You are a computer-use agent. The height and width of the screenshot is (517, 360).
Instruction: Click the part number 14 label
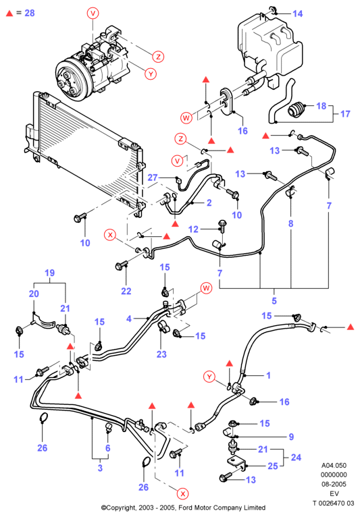(x=297, y=13)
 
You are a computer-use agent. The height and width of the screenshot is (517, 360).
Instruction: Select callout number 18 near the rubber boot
(x=321, y=106)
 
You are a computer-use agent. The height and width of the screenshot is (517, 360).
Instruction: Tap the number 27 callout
(x=153, y=178)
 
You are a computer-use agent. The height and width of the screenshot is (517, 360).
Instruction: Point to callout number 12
(x=193, y=229)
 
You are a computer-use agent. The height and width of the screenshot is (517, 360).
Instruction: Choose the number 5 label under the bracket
(x=274, y=301)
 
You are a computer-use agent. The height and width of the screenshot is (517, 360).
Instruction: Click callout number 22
(x=126, y=291)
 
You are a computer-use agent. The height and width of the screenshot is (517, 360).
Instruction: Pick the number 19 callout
(x=49, y=273)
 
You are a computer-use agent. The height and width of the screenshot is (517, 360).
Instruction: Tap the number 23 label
(x=161, y=354)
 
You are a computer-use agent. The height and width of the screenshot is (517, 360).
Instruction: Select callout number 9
(x=291, y=437)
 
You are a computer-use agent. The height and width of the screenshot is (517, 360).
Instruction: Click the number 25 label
(x=273, y=466)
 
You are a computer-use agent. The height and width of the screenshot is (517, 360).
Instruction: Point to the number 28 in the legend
(x=29, y=13)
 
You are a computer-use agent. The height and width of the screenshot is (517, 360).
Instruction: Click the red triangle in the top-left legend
(x=9, y=13)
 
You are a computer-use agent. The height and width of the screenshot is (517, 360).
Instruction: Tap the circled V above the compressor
(x=93, y=13)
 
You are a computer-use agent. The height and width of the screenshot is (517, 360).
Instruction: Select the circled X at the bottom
(x=182, y=494)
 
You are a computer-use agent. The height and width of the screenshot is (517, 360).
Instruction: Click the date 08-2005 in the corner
(x=334, y=484)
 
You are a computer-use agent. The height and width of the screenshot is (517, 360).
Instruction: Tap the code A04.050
(x=334, y=465)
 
